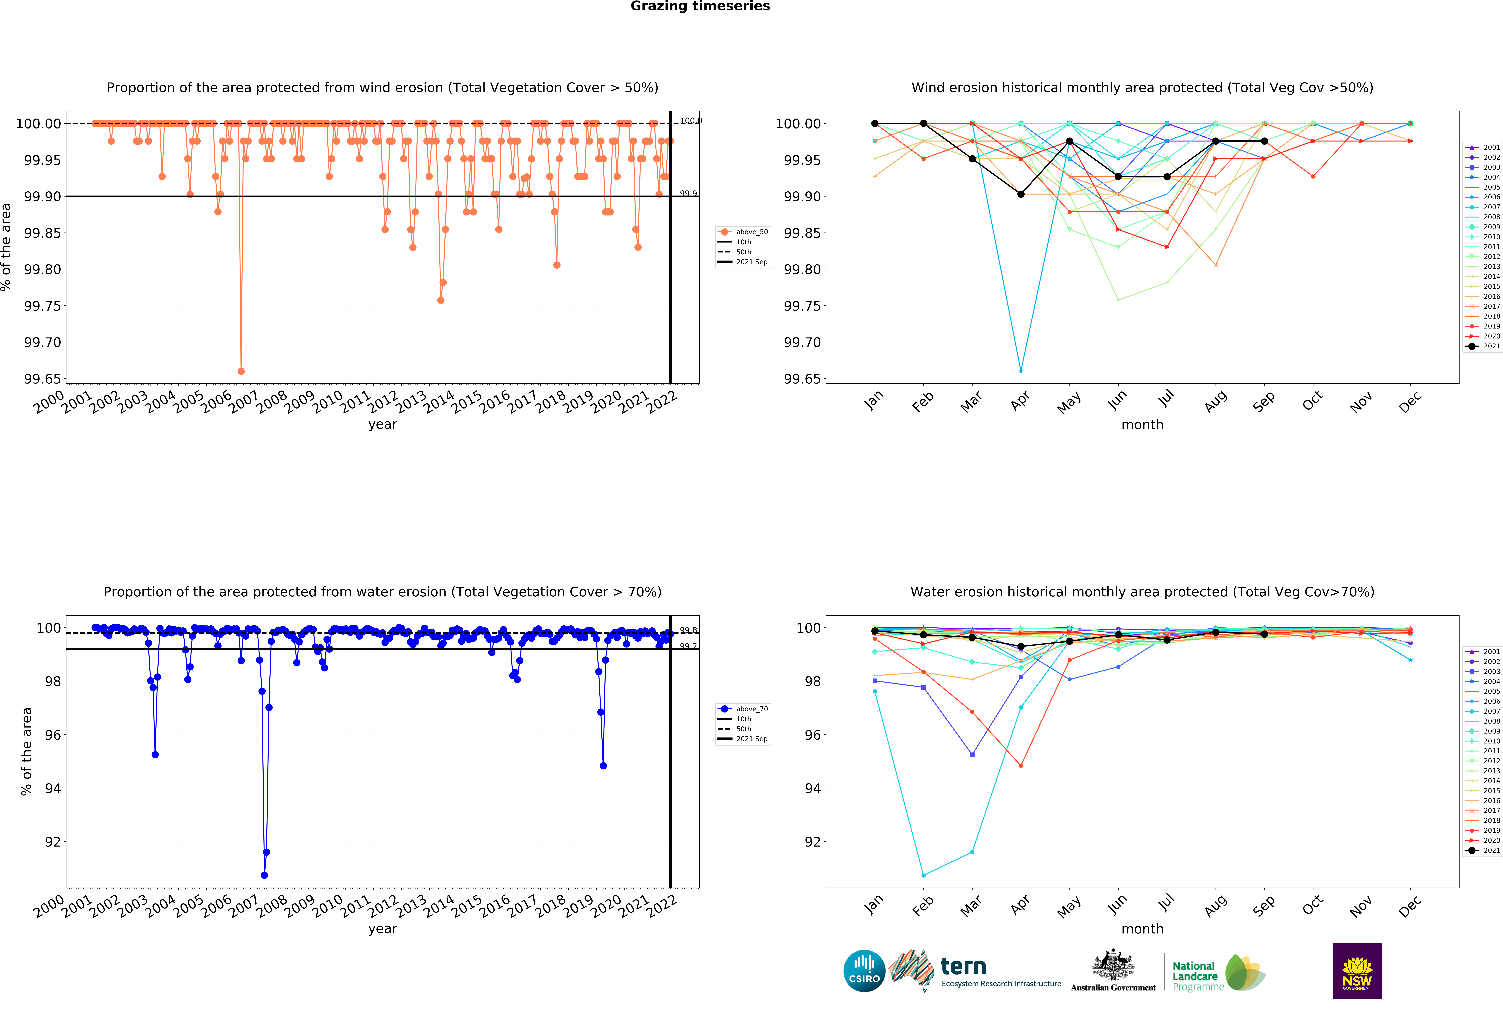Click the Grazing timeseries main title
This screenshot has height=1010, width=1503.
700,6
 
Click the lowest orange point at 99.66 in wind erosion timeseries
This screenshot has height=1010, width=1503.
241,371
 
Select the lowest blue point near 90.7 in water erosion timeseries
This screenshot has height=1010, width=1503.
264,875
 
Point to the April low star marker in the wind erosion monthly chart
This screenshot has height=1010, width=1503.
1021,371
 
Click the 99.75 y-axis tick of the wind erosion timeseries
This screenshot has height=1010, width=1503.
43,306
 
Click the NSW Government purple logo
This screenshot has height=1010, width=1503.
1357,971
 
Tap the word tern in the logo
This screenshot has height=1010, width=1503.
963,966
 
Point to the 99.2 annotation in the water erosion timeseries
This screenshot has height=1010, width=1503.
688,646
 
